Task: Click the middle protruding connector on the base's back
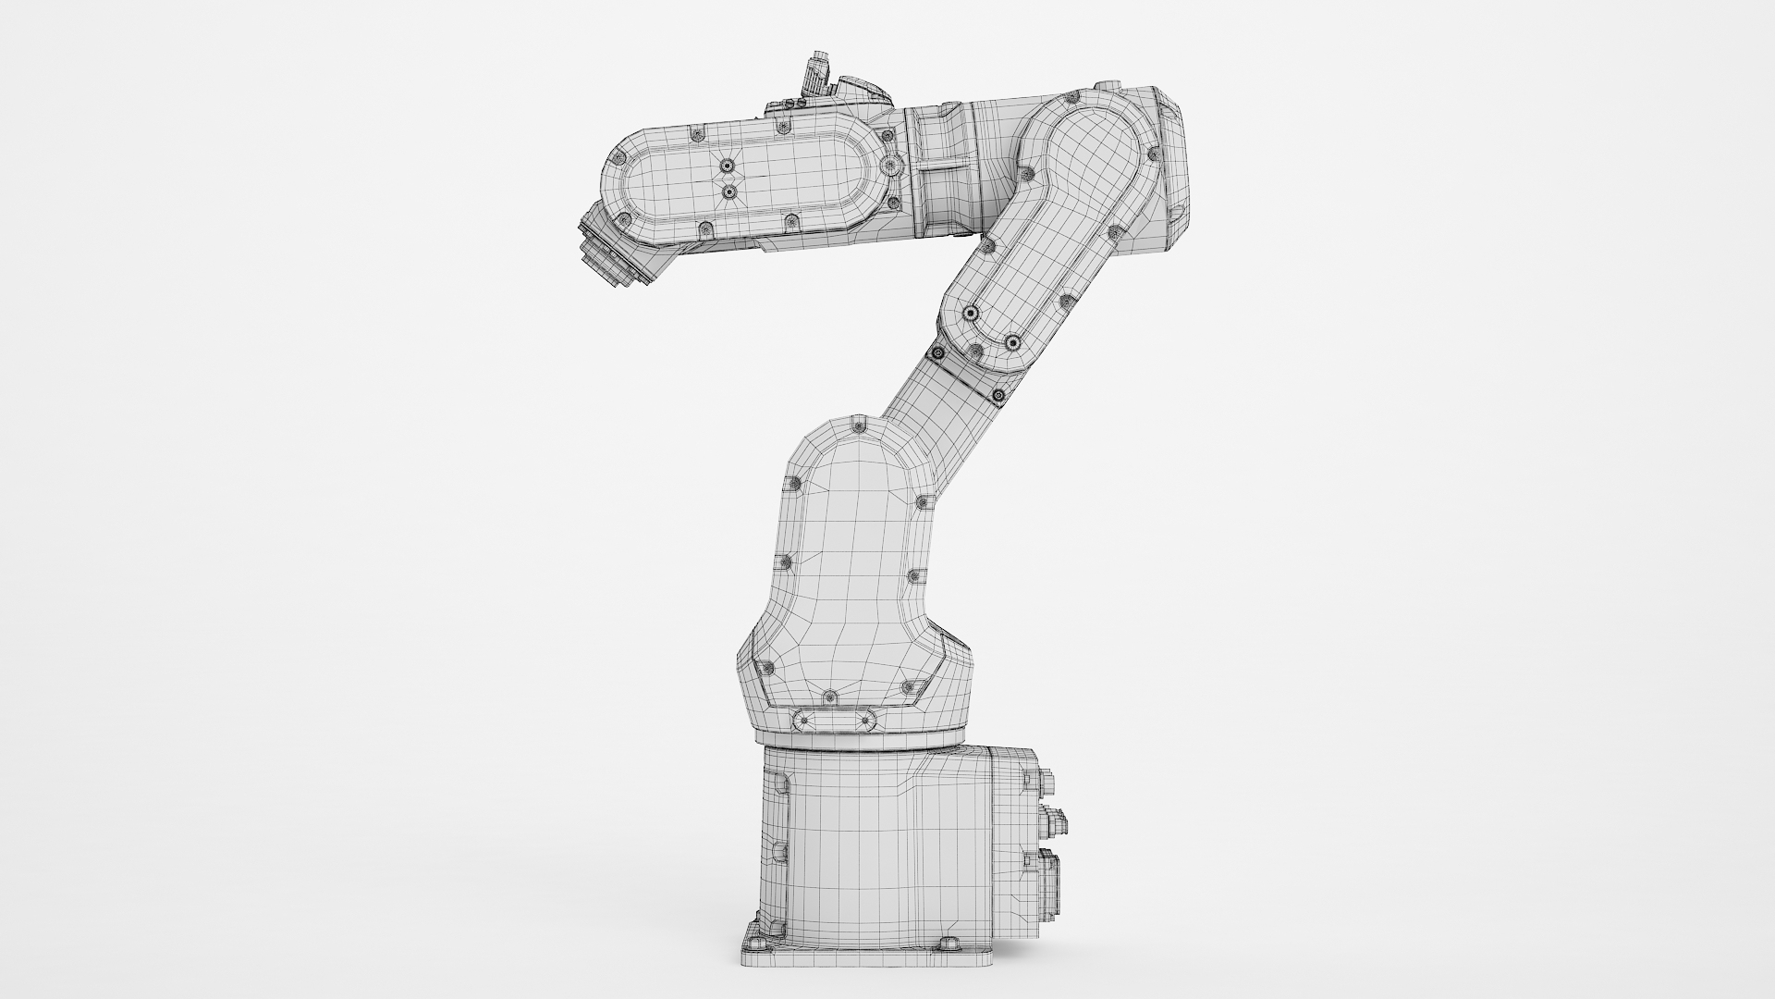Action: tap(1055, 818)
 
